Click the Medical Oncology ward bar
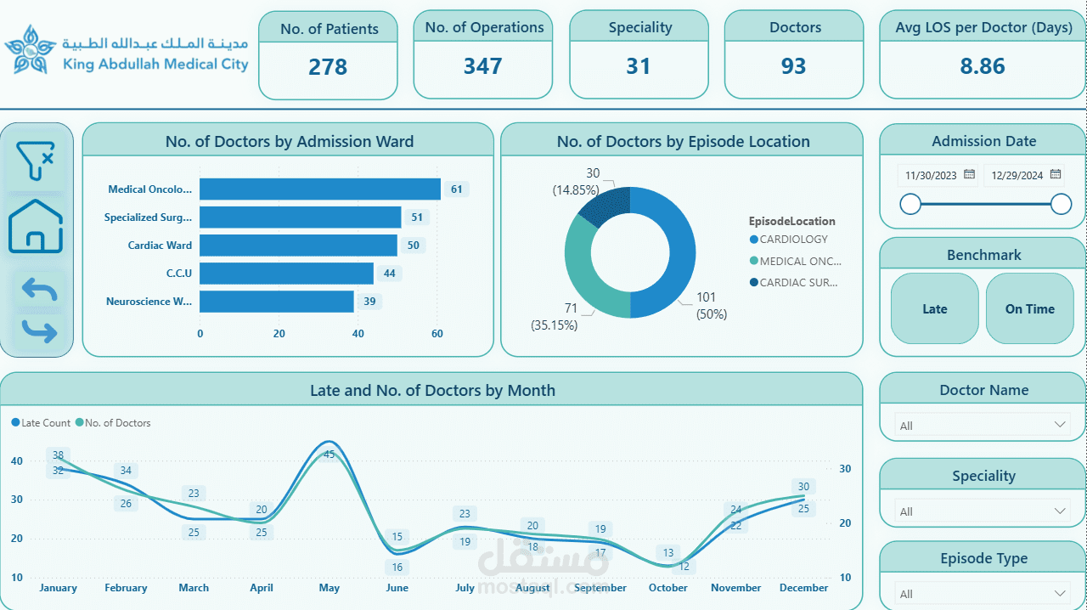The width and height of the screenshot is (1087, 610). click(x=319, y=189)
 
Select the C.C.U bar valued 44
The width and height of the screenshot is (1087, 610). click(x=286, y=274)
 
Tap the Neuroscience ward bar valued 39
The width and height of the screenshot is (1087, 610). click(x=276, y=302)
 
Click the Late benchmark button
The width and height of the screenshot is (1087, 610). click(x=934, y=308)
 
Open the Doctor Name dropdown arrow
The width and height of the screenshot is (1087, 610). click(x=1060, y=424)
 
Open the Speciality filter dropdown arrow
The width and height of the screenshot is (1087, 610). click(x=1060, y=511)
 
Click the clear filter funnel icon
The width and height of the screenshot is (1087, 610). click(x=36, y=161)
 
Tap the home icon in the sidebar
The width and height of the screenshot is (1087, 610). click(x=36, y=227)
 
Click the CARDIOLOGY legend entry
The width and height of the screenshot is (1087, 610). click(x=793, y=240)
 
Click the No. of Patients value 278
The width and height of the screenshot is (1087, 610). click(x=328, y=67)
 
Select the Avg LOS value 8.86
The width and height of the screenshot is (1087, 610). click(x=982, y=67)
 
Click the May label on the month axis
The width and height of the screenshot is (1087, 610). click(x=329, y=588)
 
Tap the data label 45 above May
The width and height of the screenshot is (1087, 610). click(x=329, y=455)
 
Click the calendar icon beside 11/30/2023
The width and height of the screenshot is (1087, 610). click(x=970, y=174)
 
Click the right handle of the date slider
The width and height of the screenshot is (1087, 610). click(x=1061, y=204)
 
